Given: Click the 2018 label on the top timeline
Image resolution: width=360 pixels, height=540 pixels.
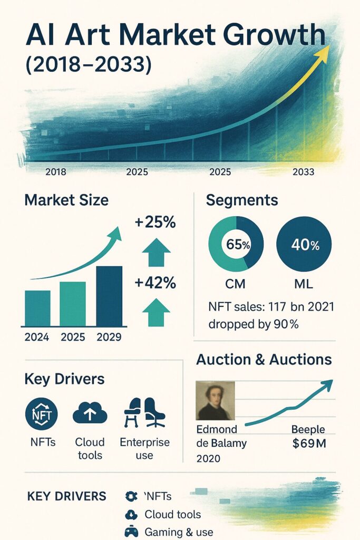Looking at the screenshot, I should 55,171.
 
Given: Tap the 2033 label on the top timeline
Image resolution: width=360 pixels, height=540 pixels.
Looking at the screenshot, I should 303,171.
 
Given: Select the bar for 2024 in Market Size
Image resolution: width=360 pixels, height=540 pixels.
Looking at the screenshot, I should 37,308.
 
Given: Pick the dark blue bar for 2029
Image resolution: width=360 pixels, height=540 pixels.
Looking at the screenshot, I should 109,296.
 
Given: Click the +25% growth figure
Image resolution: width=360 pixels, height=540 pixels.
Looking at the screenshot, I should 155,223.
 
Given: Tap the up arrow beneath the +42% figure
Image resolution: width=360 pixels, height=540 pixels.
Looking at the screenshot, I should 156,312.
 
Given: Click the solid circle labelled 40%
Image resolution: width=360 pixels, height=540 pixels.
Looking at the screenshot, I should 304,244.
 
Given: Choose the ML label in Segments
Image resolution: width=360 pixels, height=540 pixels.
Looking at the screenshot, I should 303,284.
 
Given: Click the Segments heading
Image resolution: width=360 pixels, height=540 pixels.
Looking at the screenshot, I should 242,200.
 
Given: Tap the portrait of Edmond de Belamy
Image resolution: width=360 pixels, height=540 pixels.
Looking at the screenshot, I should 215,401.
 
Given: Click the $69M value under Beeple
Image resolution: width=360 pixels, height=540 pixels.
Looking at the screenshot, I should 309,443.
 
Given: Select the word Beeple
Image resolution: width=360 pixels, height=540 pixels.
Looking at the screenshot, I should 308,429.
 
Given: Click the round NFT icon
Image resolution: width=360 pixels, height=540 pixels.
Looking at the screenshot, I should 41,414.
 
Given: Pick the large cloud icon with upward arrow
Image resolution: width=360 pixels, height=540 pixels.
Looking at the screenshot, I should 90,413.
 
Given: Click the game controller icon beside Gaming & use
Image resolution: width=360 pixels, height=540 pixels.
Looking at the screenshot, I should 130,532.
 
